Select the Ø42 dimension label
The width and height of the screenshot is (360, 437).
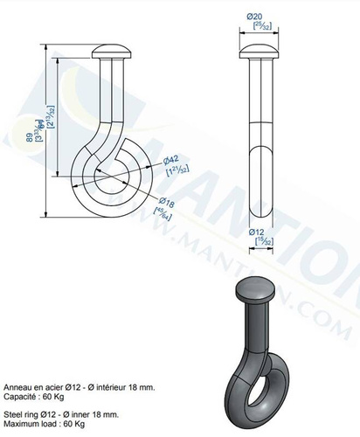click(x=173, y=158)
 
